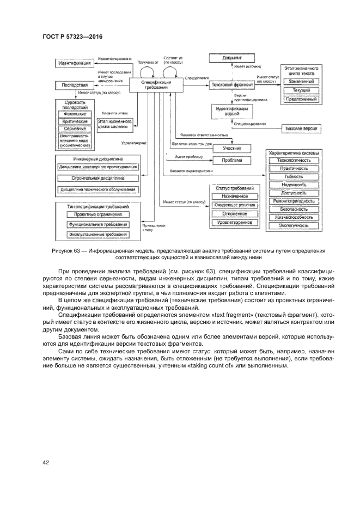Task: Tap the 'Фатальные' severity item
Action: point(75,114)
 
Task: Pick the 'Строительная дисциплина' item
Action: point(98,178)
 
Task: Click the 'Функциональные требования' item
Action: point(98,224)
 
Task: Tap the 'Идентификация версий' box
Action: point(233,111)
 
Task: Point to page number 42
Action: point(46,463)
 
